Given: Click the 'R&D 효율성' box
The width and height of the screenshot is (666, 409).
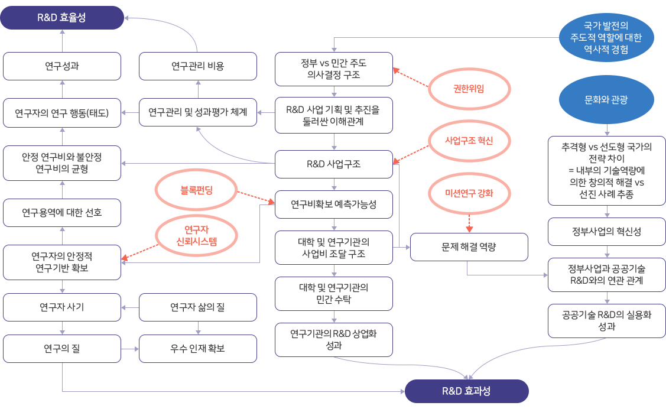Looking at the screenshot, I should [61, 18].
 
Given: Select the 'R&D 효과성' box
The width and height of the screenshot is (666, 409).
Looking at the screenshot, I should [466, 391].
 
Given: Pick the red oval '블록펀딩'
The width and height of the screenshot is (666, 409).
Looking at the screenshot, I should [196, 191].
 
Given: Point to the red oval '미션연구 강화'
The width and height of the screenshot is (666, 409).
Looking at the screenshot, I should [469, 194].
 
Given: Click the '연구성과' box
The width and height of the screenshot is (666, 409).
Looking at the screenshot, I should [62, 66].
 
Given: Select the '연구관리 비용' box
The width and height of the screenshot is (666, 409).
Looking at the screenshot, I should [198, 66].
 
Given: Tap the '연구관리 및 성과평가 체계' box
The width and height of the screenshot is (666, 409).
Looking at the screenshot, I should [198, 112].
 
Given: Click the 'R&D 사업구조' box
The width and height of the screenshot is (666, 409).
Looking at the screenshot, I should [334, 164].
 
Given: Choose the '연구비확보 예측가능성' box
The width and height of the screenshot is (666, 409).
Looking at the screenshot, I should [334, 204].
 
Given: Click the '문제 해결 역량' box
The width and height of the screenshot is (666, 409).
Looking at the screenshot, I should [469, 247].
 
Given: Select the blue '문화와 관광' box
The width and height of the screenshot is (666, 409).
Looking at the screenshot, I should [610, 100].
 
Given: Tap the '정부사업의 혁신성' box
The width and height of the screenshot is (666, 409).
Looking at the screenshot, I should [607, 232].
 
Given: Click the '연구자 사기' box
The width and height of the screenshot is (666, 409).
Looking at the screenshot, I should [62, 307].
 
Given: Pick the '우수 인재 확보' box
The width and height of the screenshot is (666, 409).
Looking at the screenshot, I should [198, 349].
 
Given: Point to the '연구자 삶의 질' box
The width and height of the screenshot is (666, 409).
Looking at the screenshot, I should [198, 307].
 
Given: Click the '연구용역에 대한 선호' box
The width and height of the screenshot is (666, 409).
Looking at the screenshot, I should [62, 212].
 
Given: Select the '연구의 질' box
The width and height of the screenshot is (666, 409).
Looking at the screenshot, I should [62, 349].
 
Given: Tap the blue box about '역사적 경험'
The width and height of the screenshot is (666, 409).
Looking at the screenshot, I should [610, 37].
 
